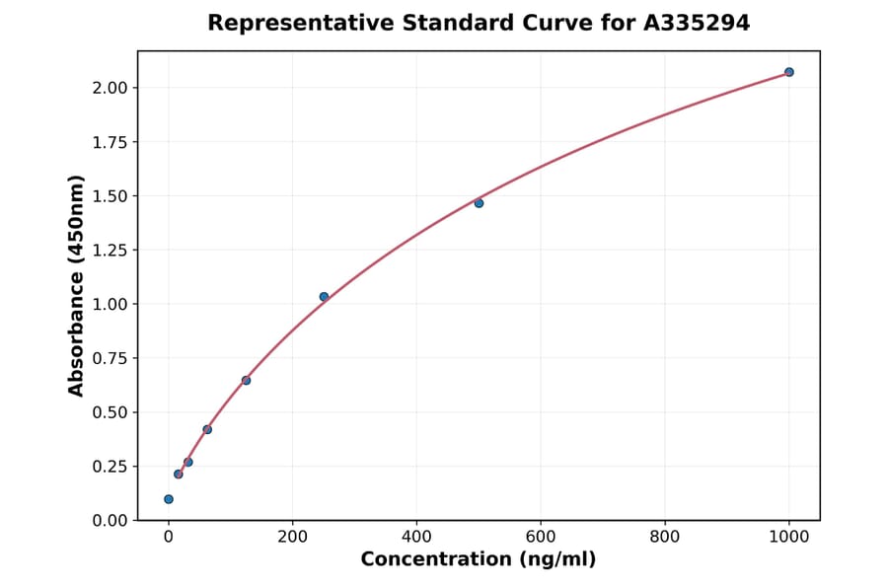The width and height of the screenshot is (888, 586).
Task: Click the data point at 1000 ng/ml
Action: click(x=789, y=72)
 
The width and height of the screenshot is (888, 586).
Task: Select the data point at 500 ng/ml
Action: click(x=479, y=203)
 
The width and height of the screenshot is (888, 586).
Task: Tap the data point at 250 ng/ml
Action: click(x=324, y=297)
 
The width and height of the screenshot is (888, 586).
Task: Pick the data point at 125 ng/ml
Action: click(x=246, y=380)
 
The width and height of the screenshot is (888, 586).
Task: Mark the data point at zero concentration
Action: click(x=169, y=499)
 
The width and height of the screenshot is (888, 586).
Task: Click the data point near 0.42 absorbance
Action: click(x=207, y=429)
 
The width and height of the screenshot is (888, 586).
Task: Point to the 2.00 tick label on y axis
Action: click(x=110, y=88)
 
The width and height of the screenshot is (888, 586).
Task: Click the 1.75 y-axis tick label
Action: click(x=110, y=142)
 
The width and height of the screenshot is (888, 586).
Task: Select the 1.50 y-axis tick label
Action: click(x=110, y=196)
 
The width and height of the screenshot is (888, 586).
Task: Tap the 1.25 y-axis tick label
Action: click(x=110, y=251)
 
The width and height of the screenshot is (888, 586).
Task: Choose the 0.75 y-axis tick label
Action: click(x=110, y=358)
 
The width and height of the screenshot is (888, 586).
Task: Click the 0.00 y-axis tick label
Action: click(x=110, y=521)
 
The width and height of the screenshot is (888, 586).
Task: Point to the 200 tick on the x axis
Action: click(x=292, y=538)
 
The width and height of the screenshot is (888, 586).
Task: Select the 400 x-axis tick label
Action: click(x=416, y=538)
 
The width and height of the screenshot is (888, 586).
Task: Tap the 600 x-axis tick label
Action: click(x=541, y=538)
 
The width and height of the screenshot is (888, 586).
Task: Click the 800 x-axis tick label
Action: click(x=665, y=538)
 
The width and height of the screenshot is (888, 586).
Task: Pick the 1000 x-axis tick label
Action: click(x=789, y=538)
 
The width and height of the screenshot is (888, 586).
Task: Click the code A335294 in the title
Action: click(x=697, y=23)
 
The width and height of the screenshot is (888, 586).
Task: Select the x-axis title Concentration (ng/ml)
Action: click(x=479, y=560)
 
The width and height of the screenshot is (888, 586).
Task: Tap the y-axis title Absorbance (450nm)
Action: click(x=77, y=285)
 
